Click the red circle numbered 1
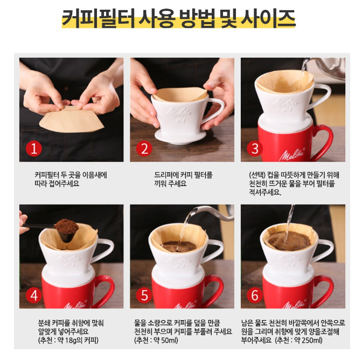click(34, 149)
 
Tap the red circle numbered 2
click(144, 149)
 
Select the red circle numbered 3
click(255, 149)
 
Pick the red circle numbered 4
click(34, 295)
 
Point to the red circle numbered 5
click(144, 295)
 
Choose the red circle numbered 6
click(255, 295)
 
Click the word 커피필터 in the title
click(99, 18)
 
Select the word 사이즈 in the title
click(268, 18)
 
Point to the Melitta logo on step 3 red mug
click(291, 154)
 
